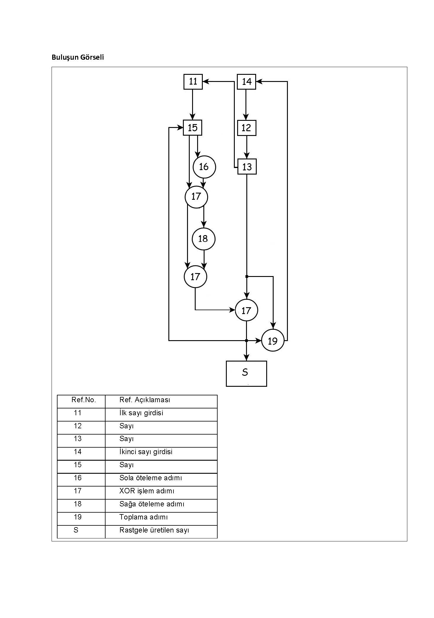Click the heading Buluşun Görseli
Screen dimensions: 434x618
78,57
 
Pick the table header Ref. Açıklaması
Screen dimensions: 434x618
145,400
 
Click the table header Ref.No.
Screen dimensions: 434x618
84,400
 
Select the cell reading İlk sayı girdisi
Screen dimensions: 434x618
141,413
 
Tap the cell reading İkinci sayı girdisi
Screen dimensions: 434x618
146,452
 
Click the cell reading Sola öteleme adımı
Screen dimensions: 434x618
151,478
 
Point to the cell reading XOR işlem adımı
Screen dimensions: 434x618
147,491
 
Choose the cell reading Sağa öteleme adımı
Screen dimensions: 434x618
152,504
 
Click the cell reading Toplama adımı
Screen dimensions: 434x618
143,517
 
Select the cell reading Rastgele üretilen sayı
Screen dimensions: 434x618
154,530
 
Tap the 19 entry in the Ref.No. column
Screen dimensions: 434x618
78,517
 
